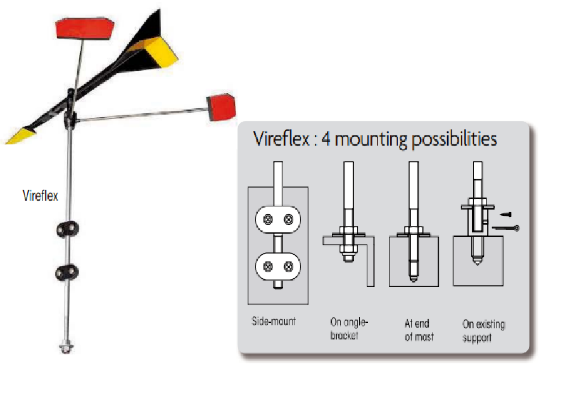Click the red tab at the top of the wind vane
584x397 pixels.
tap(84, 28)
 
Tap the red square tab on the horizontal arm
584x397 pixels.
tap(221, 107)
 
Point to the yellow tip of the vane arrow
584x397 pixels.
tap(20, 135)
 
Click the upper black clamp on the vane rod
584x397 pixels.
tap(67, 229)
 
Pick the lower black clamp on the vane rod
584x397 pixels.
tap(67, 273)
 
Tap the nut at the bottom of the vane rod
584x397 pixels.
tap(67, 348)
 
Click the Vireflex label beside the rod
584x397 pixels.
tap(41, 196)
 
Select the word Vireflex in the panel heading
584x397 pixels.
tap(281, 139)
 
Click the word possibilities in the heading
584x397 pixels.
tap(454, 140)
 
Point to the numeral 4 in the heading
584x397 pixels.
tap(326, 139)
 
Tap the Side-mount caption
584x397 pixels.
tap(274, 321)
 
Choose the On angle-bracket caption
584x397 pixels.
tap(349, 329)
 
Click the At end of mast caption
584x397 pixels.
tap(419, 330)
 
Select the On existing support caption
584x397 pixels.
tap(484, 331)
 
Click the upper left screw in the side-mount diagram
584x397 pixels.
tap(268, 220)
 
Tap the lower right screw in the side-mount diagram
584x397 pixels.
tap(289, 267)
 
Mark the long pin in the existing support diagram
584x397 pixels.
tap(506, 228)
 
